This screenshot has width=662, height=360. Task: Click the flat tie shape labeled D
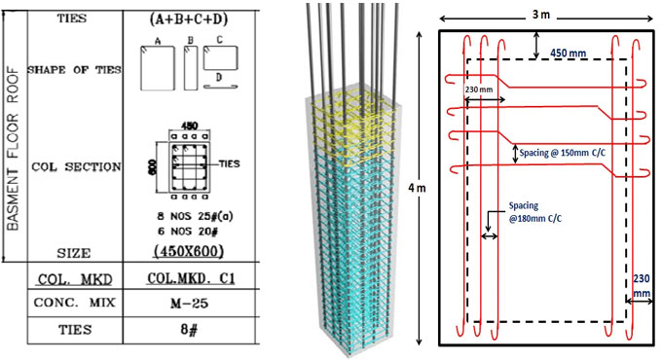[x=219, y=85]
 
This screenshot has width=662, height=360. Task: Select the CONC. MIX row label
[x=73, y=303]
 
